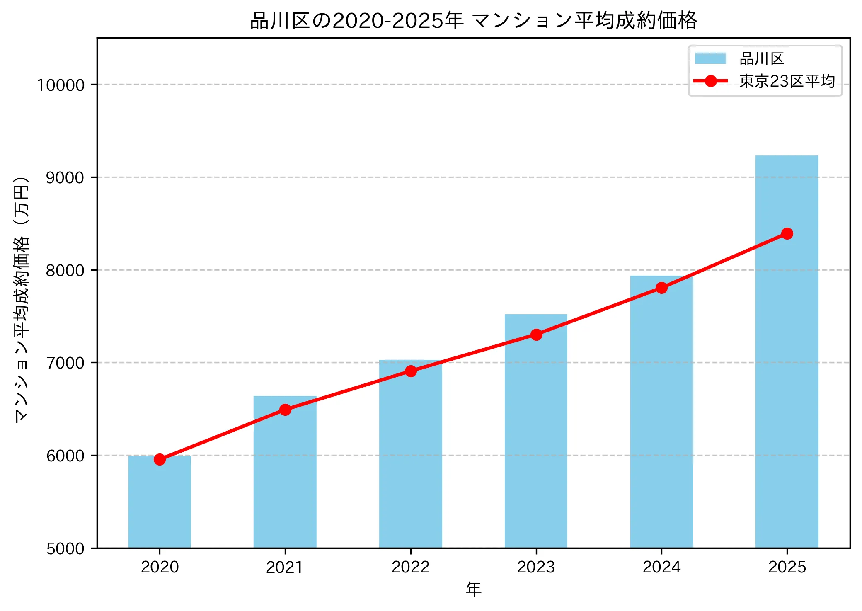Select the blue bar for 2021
pos(285,477)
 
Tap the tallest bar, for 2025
pos(787,373)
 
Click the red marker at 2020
pos(160,459)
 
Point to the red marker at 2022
pos(411,371)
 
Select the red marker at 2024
pos(661,288)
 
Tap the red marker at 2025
pos(787,234)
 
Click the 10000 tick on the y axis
pos(61,85)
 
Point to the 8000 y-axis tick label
pos(65,271)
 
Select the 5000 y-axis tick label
pos(65,549)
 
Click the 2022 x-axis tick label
pos(410,567)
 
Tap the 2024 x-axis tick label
pos(661,567)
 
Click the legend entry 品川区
pos(762,59)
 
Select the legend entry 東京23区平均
pos(787,81)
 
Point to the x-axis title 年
pos(473,589)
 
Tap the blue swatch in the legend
pos(710,58)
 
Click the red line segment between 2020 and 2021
pos(223,434)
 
